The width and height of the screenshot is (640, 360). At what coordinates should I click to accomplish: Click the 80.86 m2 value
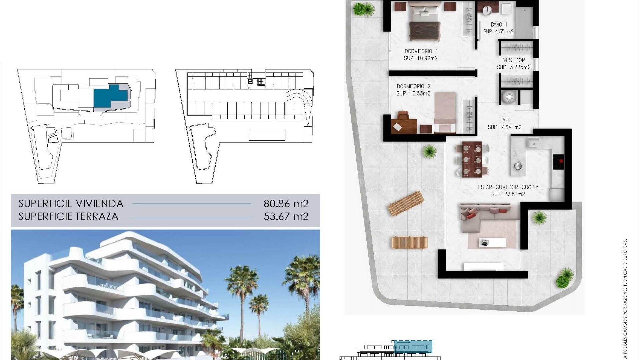(286, 203)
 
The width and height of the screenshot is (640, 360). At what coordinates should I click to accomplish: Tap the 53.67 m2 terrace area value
(286, 217)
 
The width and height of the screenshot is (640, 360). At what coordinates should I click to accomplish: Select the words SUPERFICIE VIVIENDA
(71, 203)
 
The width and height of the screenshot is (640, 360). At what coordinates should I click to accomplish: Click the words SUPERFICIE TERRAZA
(68, 217)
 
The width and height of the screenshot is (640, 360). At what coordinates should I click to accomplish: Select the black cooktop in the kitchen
(558, 162)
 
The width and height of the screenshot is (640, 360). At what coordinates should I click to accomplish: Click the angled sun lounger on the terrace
(406, 203)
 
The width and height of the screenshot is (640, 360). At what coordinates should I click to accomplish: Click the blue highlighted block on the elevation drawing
(413, 347)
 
